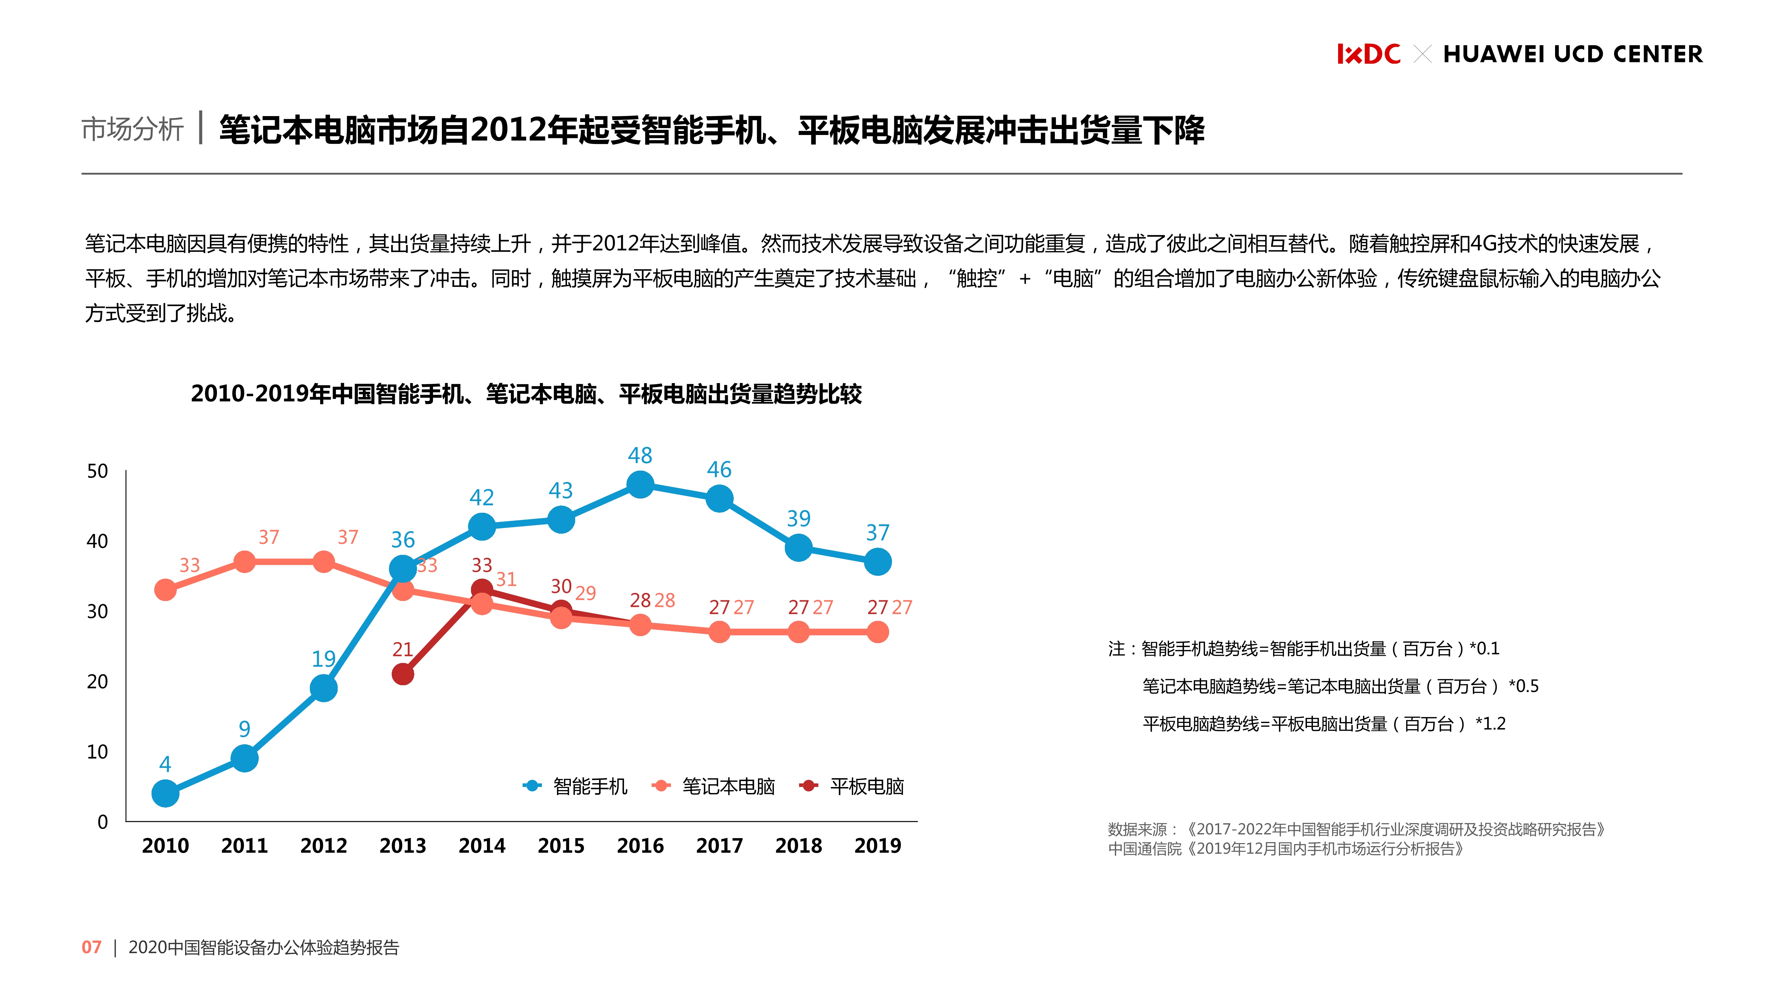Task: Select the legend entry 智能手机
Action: click(x=589, y=786)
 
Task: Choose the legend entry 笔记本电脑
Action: click(x=728, y=786)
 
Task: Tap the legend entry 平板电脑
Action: click(x=867, y=786)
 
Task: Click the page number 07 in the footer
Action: click(x=91, y=948)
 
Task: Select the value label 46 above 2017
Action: click(x=719, y=470)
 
